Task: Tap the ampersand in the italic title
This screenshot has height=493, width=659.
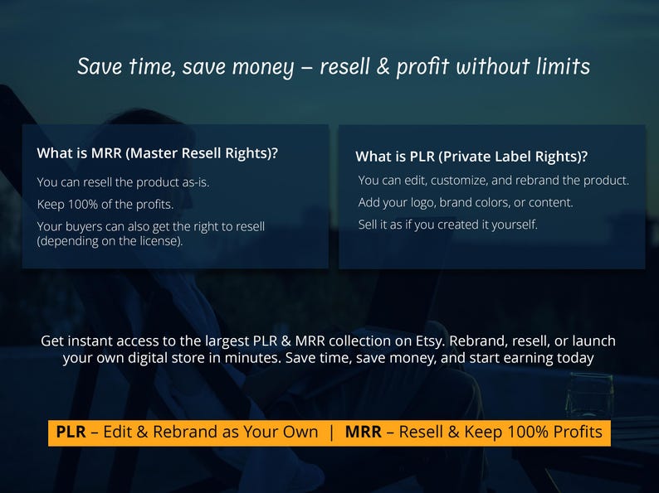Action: pos(383,66)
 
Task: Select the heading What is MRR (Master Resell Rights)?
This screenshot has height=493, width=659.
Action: pos(158,153)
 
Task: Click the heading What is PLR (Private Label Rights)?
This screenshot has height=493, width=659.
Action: pos(471,156)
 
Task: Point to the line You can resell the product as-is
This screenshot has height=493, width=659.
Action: pos(123,182)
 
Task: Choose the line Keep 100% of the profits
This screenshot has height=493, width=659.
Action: pos(105,204)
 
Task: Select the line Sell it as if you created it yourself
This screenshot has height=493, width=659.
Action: pos(448,224)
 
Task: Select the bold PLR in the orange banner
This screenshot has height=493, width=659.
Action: pos(71,432)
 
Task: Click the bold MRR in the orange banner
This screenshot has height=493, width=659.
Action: pos(363,432)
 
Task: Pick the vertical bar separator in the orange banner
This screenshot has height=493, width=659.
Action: pos(331,432)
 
